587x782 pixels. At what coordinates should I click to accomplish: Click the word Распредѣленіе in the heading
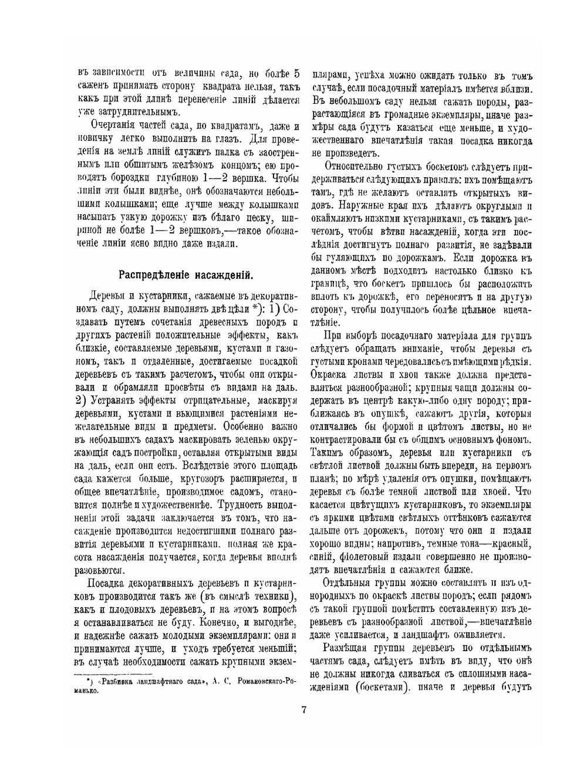154,275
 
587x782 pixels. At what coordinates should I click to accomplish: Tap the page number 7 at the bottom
303,709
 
